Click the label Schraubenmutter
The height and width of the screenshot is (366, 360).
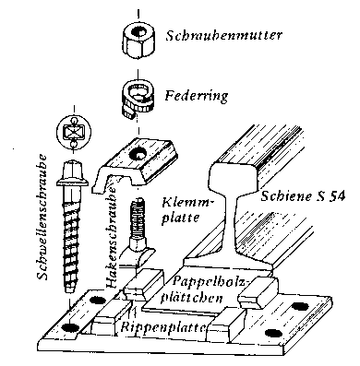click(223, 35)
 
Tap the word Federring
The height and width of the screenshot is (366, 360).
click(196, 96)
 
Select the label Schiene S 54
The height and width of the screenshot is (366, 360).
click(303, 195)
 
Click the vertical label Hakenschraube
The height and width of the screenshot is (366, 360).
click(112, 236)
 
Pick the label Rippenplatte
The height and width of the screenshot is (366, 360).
click(163, 327)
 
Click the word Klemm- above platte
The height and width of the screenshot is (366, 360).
click(187, 204)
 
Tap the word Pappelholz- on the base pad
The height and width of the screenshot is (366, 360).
click(210, 281)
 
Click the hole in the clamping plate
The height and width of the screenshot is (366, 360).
click(138, 155)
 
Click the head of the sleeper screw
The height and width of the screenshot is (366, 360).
click(73, 175)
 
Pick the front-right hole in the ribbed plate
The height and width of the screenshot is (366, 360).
click(272, 333)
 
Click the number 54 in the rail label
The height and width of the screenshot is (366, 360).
click(336, 196)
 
